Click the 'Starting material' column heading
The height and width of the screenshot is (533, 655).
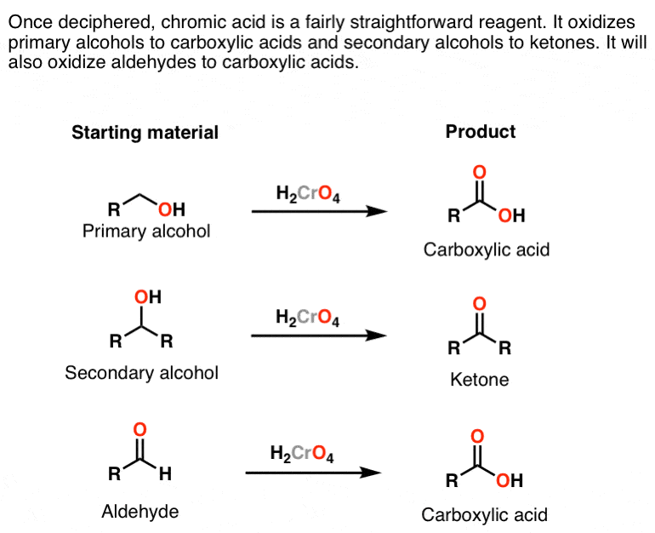pyautogui.click(x=145, y=132)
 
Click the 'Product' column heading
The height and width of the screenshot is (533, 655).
pyautogui.click(x=481, y=131)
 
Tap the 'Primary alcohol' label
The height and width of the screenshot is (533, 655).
pyautogui.click(x=146, y=231)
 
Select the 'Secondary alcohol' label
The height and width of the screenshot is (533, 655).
pyautogui.click(x=142, y=372)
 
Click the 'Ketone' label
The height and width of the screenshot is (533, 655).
pyautogui.click(x=480, y=380)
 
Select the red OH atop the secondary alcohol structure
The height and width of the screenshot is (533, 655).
pyautogui.click(x=147, y=297)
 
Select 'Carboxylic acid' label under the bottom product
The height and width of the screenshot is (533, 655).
pyautogui.click(x=485, y=514)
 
